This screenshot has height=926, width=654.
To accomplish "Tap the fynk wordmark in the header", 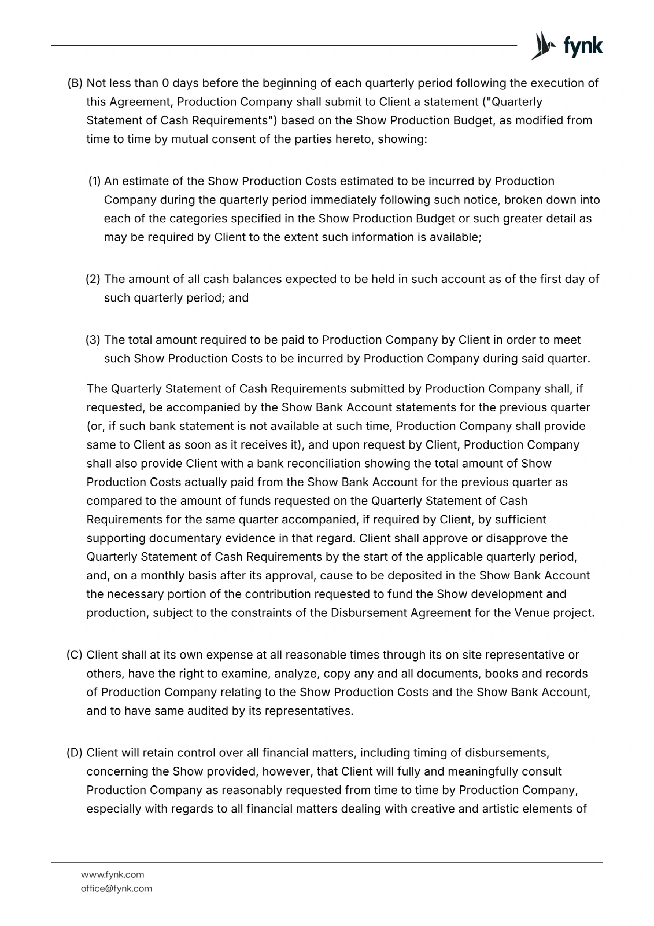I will point(582,47).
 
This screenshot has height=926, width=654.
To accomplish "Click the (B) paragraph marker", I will point(76,83).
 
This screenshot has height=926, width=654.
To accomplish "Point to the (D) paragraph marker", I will point(75,753).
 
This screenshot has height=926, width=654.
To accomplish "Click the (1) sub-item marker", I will point(94,181).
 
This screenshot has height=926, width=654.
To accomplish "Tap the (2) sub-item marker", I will point(93,280).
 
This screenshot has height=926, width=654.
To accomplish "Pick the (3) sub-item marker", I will point(93,340).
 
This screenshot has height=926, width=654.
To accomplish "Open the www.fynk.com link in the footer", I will point(112,874).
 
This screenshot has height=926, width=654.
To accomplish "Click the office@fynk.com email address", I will point(116,888).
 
